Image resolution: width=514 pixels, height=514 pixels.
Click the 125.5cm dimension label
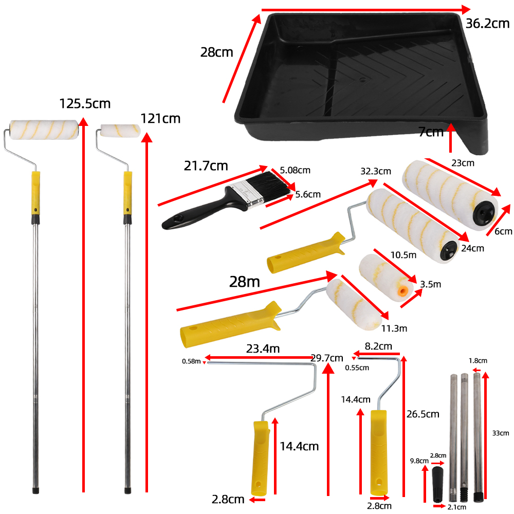[x=85, y=103]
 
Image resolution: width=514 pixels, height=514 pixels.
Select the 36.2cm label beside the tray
[x=487, y=24]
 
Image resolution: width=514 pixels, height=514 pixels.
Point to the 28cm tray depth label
[x=216, y=52]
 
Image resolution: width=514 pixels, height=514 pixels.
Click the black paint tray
[x=360, y=82]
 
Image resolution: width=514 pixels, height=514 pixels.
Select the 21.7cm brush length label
[x=206, y=166]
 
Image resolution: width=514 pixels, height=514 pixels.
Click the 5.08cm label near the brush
[x=295, y=170]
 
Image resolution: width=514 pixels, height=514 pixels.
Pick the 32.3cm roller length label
[x=375, y=171]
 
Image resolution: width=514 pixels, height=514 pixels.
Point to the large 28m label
[x=245, y=282]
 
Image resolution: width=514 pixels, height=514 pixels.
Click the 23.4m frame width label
[x=262, y=349]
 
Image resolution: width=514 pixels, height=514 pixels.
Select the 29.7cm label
[x=327, y=358]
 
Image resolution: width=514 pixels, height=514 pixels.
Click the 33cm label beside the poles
[x=500, y=433]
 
